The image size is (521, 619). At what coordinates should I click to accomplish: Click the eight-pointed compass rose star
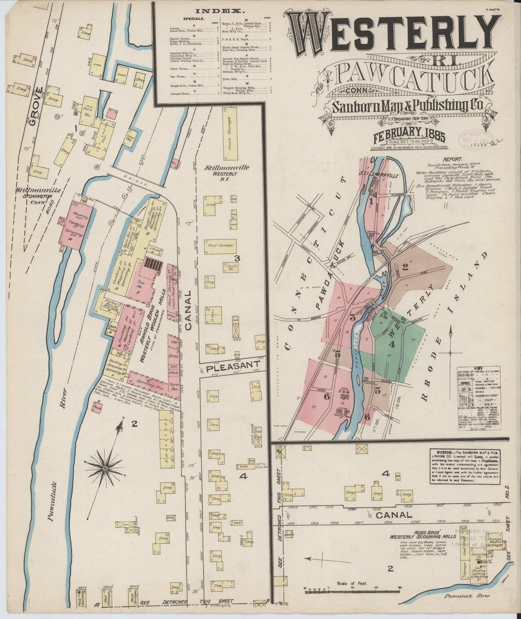(104, 468)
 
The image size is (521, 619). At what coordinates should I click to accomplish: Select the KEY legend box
(478, 398)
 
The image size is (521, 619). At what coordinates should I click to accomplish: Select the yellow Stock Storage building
(230, 134)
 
